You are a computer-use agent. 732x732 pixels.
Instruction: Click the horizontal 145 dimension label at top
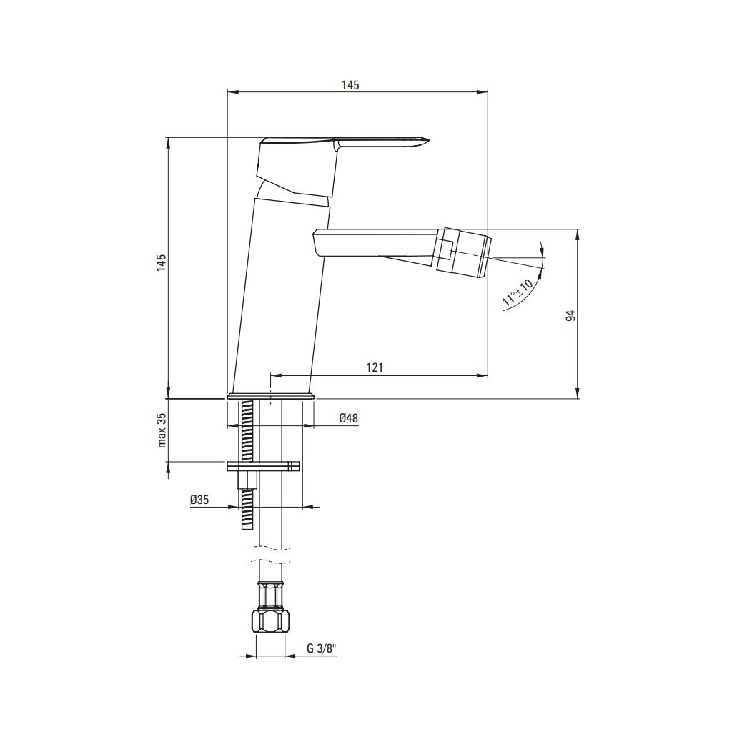click(350, 85)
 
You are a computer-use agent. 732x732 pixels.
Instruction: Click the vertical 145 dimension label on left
click(161, 263)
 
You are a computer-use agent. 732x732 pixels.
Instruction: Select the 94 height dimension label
click(570, 315)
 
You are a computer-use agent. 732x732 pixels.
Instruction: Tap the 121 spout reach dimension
click(375, 367)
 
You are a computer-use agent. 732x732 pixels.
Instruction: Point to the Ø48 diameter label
click(349, 418)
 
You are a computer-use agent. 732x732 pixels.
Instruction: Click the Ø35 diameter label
click(199, 500)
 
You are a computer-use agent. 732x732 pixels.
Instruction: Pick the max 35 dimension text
click(162, 430)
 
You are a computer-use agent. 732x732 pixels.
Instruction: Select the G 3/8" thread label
click(322, 648)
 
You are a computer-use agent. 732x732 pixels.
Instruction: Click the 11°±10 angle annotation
click(518, 292)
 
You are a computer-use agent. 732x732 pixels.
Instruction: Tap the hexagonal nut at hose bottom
click(270, 621)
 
